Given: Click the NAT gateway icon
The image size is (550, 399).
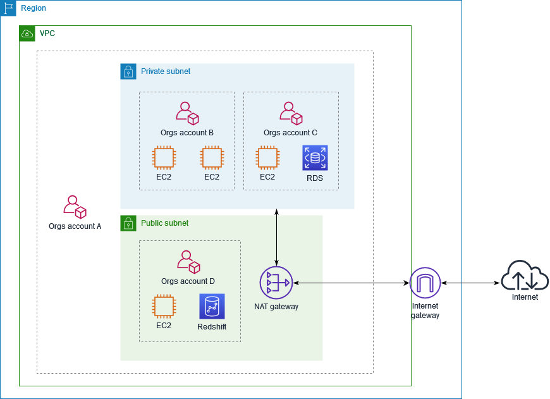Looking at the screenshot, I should (x=276, y=283).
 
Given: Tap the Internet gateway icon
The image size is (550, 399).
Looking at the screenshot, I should (x=425, y=283).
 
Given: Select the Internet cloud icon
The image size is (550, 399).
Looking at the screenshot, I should (x=525, y=276).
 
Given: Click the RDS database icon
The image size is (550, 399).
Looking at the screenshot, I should (x=315, y=158).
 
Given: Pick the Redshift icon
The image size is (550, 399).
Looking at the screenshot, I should (x=212, y=307).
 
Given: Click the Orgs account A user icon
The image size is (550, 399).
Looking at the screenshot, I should (x=75, y=207).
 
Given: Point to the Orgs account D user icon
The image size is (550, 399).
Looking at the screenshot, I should (x=188, y=262).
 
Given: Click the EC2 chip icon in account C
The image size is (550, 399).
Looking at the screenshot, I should (x=267, y=158).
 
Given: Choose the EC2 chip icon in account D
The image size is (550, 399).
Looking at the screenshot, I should (x=164, y=307).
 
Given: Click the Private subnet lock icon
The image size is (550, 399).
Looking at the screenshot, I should (x=128, y=71).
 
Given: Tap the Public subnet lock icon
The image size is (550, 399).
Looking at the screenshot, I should (x=128, y=223).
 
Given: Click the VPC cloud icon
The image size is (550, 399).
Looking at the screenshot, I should (x=27, y=34).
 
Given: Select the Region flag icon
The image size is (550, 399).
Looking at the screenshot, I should (x=8, y=8).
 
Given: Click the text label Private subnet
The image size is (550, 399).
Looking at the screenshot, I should (x=166, y=71).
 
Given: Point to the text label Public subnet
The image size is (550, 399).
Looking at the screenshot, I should (x=164, y=223).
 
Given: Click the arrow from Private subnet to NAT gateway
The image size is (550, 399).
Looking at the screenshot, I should (x=276, y=237).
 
